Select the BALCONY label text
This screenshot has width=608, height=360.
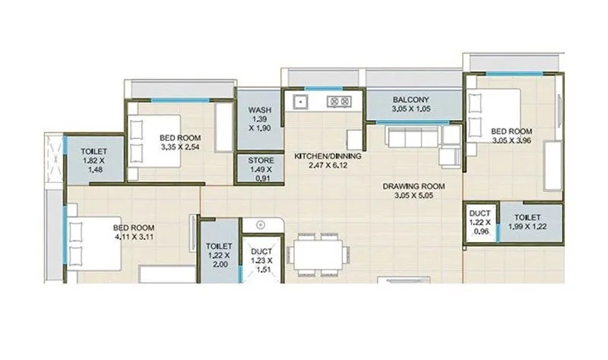(x=411, y=99)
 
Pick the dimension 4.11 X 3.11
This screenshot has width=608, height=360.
(x=134, y=238)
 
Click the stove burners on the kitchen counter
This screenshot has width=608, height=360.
(x=337, y=100)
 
